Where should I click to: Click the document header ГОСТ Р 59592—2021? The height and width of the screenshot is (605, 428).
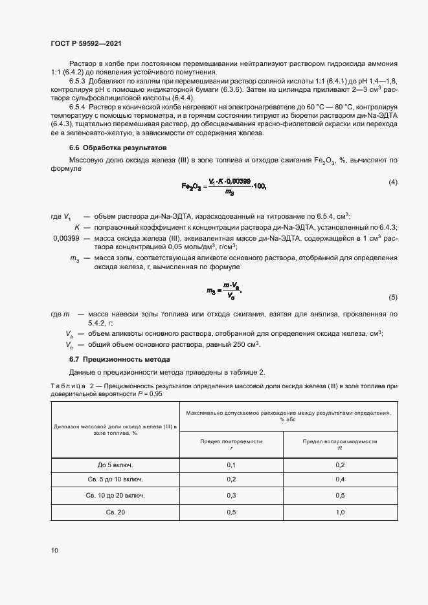click(x=85, y=43)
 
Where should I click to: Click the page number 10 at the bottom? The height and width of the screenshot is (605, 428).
click(x=54, y=551)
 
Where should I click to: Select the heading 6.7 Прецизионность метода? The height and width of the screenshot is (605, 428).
click(x=120, y=359)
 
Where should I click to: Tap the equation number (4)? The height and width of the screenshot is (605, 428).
click(x=392, y=182)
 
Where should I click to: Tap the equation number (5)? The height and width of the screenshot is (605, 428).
click(x=392, y=297)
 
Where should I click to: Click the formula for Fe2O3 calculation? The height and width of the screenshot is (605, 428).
click(x=224, y=187)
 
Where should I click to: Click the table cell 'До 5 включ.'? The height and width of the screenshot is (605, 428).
click(x=115, y=465)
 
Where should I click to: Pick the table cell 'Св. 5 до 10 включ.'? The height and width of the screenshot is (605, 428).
click(x=115, y=479)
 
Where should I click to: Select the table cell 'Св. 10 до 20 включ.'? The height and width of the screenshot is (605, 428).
click(x=115, y=495)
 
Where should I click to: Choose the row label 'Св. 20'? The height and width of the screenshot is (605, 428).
click(x=115, y=512)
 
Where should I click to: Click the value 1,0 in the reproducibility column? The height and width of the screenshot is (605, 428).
click(x=340, y=512)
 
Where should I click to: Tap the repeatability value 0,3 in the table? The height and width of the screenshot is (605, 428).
click(x=231, y=495)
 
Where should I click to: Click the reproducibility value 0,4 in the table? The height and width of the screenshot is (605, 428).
click(x=340, y=479)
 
